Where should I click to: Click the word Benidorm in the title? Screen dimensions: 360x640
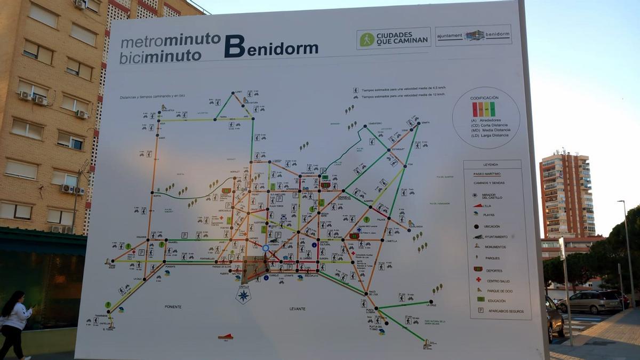click(x=271, y=47)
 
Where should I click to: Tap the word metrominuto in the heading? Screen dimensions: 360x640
click(x=171, y=40)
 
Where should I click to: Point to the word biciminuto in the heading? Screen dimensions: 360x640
click(x=160, y=55)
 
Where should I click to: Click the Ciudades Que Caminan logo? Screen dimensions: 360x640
click(x=394, y=39)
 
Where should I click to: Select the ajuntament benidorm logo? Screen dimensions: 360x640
click(x=473, y=36)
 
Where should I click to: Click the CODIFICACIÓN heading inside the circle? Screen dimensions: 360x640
click(x=484, y=98)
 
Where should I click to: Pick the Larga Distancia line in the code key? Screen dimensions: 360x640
click(x=491, y=135)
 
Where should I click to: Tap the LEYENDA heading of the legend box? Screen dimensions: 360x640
click(x=490, y=165)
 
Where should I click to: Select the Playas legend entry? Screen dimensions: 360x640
click(x=489, y=214)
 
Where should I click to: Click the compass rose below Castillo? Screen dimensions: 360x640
click(x=244, y=295)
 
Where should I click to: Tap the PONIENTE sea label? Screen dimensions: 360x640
click(x=173, y=307)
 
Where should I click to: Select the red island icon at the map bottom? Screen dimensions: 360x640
click(x=226, y=336)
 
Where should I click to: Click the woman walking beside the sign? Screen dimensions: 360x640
click(x=13, y=323)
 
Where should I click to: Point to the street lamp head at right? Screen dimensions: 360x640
click(x=621, y=202)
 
